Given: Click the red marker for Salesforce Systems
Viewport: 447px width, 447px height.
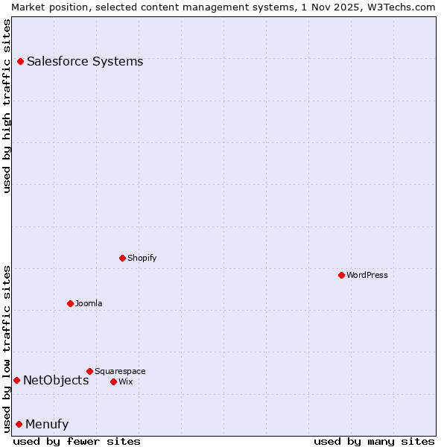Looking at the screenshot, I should point(20,61).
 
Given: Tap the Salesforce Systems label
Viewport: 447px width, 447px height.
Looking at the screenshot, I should point(85,61).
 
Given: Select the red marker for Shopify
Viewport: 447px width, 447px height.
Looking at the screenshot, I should point(122,258).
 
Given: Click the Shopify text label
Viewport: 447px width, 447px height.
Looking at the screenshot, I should point(142,258).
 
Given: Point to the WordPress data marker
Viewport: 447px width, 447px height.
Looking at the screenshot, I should point(341,275).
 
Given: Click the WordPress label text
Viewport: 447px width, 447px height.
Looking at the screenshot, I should point(367,275).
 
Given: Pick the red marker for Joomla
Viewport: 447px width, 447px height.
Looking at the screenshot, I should point(70,303).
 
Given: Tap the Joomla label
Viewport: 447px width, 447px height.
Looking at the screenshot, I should point(89,303).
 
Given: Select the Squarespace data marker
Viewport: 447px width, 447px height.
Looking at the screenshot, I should point(89,371).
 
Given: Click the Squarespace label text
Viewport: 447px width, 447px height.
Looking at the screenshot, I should point(120,371).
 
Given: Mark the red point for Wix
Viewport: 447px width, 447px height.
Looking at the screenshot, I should point(113,381).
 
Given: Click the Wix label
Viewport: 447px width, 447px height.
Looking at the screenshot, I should point(126,381).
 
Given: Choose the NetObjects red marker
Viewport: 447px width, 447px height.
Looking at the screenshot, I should point(16,380).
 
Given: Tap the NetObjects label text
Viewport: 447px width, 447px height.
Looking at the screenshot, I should point(56,380).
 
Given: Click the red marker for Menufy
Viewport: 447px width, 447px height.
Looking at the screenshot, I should point(19,424).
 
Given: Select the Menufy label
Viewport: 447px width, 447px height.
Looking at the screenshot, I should point(47,424).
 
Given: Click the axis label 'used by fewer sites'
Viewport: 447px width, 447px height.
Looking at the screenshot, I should point(77,441).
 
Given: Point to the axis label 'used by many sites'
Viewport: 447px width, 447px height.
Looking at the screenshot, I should point(374,441).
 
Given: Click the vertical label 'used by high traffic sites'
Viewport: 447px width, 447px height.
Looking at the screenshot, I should point(7,106).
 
